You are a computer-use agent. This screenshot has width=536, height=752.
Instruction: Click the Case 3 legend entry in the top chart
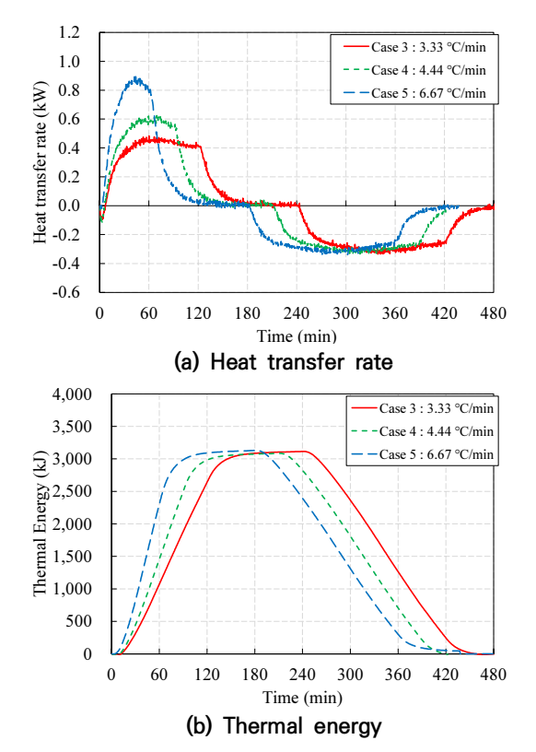click(x=414, y=47)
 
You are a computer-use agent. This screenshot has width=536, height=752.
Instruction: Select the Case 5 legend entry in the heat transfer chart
click(x=414, y=93)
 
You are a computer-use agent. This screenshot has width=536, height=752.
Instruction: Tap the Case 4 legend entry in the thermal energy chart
click(x=423, y=431)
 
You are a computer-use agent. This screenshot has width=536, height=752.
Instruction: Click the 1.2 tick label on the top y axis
click(x=69, y=32)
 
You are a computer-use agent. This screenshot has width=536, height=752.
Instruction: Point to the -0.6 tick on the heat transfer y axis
click(x=66, y=291)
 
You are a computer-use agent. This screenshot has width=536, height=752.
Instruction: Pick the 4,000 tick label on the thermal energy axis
click(x=72, y=394)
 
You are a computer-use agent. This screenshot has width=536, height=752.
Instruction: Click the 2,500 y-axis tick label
click(x=72, y=491)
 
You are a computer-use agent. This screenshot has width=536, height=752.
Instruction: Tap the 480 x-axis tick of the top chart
click(x=493, y=313)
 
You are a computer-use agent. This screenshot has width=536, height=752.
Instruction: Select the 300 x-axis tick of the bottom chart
click(x=350, y=675)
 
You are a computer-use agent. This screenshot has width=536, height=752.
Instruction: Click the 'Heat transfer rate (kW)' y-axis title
click(x=41, y=162)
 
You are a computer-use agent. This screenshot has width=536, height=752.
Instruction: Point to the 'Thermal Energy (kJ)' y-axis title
click(x=41, y=523)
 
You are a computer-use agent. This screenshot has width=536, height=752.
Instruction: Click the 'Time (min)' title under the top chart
click(x=297, y=336)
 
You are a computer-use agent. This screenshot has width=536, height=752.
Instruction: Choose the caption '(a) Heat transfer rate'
click(x=284, y=362)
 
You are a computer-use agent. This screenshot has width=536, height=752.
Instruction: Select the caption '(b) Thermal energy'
click(x=284, y=725)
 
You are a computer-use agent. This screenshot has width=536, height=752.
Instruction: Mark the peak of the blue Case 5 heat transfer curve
click(x=136, y=77)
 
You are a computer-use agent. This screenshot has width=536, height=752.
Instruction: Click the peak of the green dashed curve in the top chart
click(x=155, y=116)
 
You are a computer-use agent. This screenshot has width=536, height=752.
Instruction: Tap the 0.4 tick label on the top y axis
click(x=69, y=147)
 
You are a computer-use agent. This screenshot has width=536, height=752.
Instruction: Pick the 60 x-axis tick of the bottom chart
click(x=159, y=675)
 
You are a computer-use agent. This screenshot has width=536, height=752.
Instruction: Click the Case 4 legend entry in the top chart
click(x=414, y=70)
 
